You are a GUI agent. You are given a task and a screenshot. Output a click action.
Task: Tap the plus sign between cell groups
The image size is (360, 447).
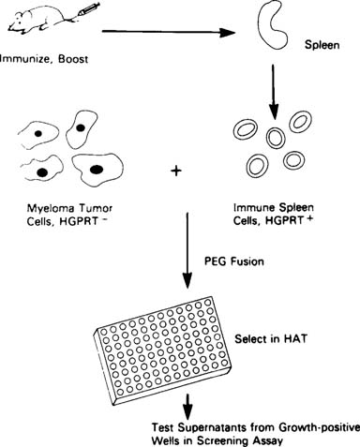click(175, 171)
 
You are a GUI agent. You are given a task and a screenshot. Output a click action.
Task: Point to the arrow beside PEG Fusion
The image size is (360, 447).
click(189, 254)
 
